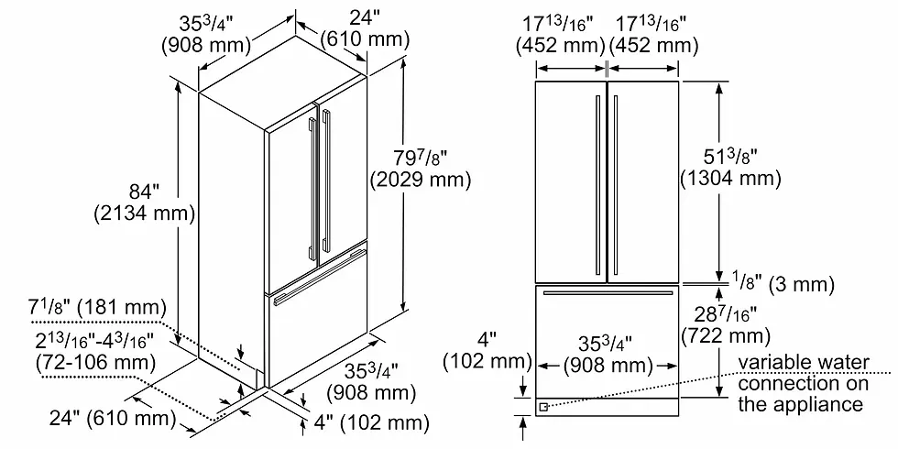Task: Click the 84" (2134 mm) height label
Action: pos(145,203)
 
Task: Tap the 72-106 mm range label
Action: pos(95,352)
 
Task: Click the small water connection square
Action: pos(542,407)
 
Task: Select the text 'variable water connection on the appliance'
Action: pos(803,383)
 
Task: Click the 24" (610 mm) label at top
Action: pos(365,29)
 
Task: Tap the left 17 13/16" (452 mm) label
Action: pos(561,36)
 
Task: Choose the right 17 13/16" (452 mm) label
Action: pos(653,36)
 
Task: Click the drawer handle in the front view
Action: pos(608,293)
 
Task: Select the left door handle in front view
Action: pos(597,184)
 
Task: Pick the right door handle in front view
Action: pos(616,184)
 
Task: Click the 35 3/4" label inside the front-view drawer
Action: pos(608,356)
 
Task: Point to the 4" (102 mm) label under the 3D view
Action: pos(370,423)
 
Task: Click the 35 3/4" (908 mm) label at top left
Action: pos(207,34)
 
